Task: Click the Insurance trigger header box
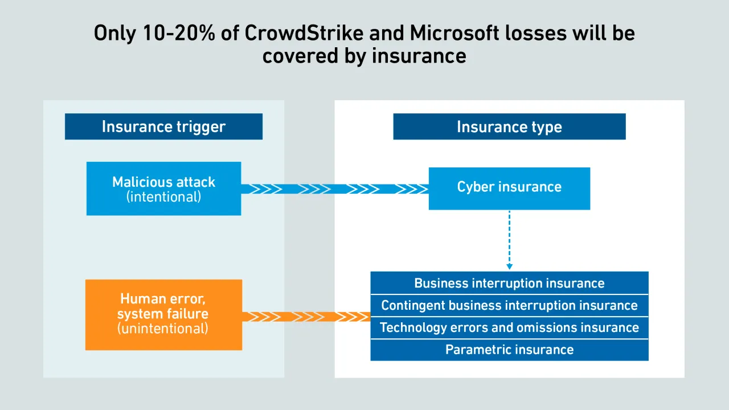tap(163, 126)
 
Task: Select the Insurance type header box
tap(509, 126)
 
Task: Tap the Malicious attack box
tap(163, 188)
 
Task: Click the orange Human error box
tap(163, 314)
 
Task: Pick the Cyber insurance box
tap(509, 188)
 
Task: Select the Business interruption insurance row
tap(509, 283)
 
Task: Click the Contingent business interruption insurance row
tap(509, 305)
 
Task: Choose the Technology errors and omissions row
tap(509, 327)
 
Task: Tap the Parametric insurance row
tap(509, 350)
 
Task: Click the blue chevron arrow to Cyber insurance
tap(335, 189)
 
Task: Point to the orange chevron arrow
tap(306, 317)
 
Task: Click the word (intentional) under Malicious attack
tap(163, 198)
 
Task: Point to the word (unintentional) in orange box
tap(163, 329)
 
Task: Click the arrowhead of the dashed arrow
tap(509, 266)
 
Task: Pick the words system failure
tap(163, 314)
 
